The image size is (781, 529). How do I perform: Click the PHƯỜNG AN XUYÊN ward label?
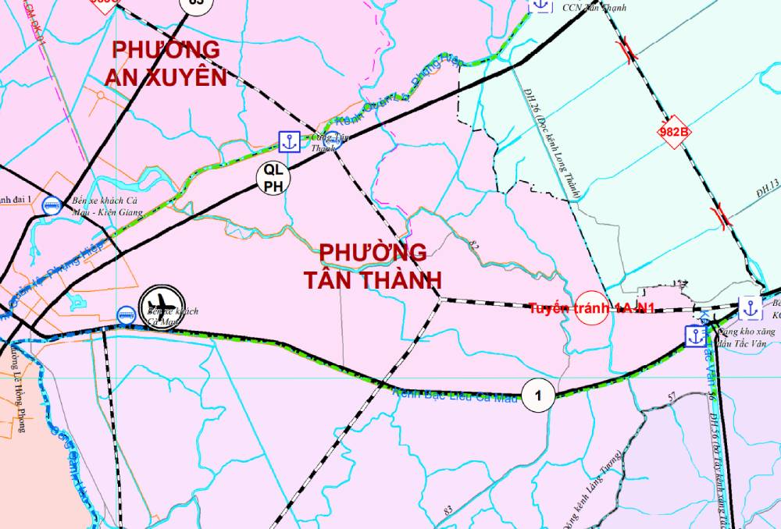click(169, 62)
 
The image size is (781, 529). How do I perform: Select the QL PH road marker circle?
click(273, 176)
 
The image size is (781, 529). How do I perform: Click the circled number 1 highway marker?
click(538, 396)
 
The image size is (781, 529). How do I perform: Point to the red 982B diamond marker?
click(674, 133)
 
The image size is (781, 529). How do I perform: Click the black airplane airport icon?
click(162, 304)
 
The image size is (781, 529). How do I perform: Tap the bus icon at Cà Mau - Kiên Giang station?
click(52, 206)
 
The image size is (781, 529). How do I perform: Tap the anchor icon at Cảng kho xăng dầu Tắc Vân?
click(694, 336)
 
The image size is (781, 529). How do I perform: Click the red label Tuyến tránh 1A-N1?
click(591, 308)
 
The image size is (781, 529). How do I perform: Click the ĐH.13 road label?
click(768, 185)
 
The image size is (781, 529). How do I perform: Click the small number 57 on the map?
click(671, 398)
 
